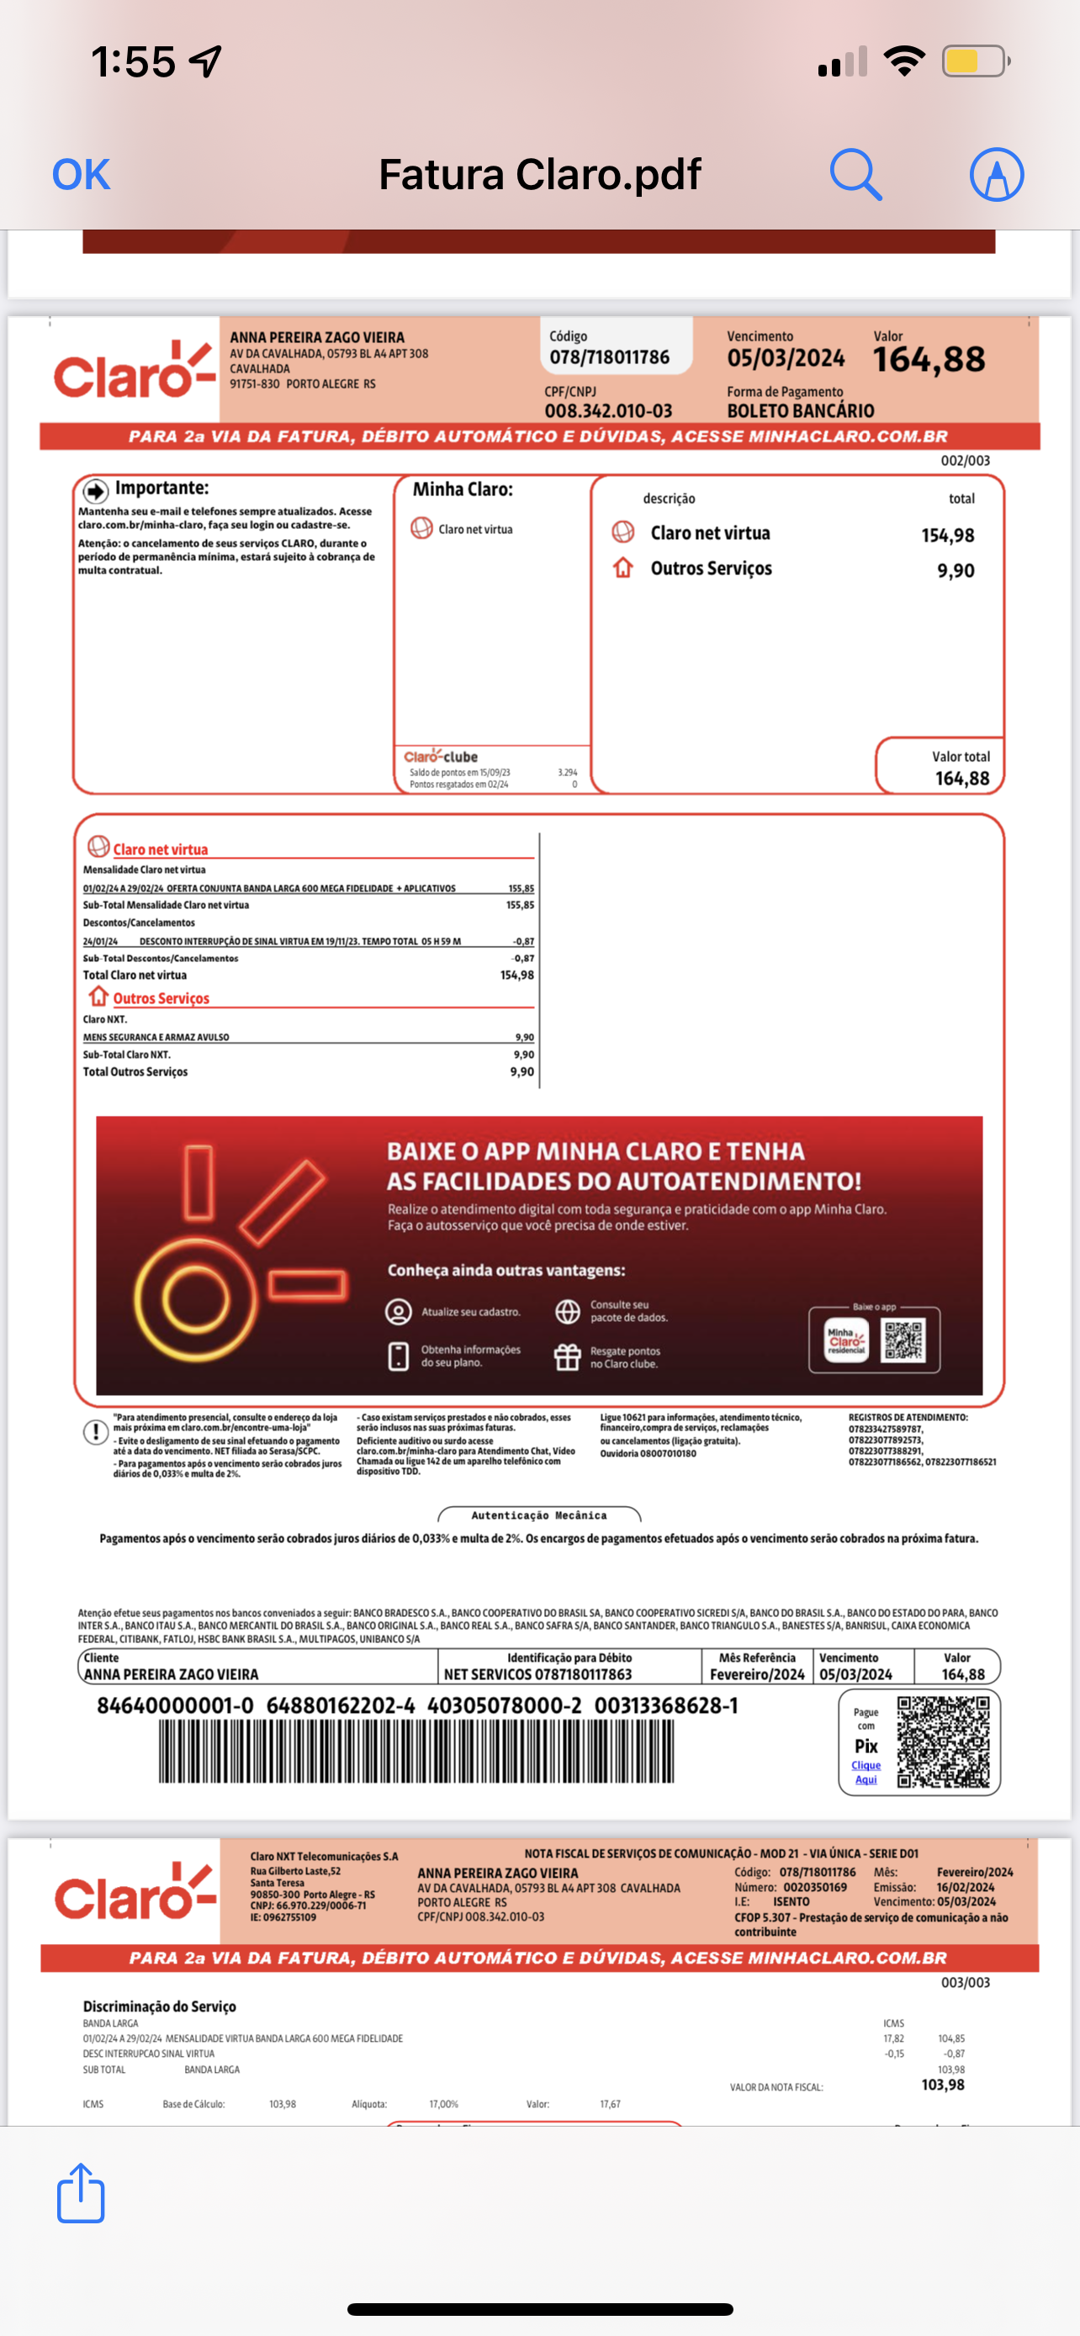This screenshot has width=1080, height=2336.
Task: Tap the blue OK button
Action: coord(81,174)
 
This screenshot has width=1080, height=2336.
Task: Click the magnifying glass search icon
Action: coord(855,174)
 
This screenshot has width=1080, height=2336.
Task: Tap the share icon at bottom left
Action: coord(81,2193)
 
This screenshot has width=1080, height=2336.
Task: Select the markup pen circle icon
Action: coord(997,174)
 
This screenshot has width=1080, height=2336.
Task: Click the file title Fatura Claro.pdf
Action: coord(539,174)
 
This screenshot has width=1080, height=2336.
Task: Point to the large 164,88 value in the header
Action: coord(929,360)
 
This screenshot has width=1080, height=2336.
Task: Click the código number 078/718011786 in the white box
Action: coord(609,357)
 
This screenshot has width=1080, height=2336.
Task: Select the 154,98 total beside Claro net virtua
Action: coord(948,535)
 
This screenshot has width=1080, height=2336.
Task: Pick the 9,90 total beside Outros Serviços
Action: coord(956,570)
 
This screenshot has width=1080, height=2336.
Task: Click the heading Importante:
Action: coord(161,489)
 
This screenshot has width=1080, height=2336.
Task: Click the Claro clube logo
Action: coord(441,756)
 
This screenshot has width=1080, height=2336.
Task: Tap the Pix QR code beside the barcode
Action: coord(943,1742)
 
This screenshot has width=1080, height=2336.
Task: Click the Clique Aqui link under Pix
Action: coord(866,1772)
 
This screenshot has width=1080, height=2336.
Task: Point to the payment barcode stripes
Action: coord(416,1751)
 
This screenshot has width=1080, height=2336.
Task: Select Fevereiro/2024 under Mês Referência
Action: coord(757,1674)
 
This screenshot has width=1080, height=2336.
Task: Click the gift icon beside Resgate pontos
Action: coord(568,1356)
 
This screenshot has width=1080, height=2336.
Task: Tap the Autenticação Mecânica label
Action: coord(538,1515)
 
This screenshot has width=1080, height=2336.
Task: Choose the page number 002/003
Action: coord(965,461)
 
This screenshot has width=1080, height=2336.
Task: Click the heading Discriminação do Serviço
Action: coord(160,2006)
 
